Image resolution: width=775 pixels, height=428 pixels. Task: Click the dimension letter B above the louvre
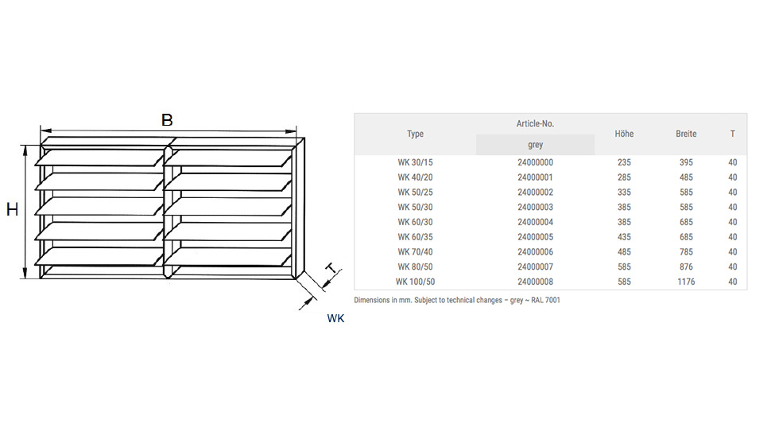point(167,120)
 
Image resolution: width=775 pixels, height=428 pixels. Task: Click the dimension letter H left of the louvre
point(12,210)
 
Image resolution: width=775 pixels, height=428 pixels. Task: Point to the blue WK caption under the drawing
point(335,318)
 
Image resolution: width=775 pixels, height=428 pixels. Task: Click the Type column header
point(415,134)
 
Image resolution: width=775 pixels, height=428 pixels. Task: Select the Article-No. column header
point(535,124)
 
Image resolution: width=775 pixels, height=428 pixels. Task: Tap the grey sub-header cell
point(535,146)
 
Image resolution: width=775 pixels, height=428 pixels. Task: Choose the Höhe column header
point(624,134)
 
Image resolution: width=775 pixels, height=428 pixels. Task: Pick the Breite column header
point(686,134)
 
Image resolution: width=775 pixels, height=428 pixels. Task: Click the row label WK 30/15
point(416,162)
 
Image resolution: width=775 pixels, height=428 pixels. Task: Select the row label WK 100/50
point(416,282)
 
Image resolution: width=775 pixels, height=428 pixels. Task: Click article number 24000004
point(535,222)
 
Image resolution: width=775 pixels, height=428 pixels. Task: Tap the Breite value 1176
point(686,282)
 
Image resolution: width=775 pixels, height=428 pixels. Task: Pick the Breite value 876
point(686,267)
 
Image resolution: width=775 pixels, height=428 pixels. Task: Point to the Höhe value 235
point(624,162)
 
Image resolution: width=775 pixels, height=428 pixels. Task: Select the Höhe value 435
point(624,237)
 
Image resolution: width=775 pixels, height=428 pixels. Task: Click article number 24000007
point(535,267)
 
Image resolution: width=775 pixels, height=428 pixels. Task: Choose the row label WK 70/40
point(416,251)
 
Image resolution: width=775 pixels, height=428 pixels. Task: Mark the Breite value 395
point(686,162)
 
